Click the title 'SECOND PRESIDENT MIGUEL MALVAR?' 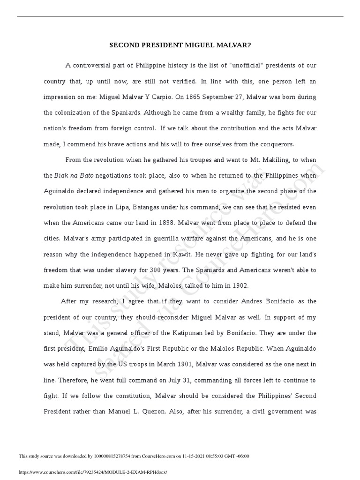pos(180,45)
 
